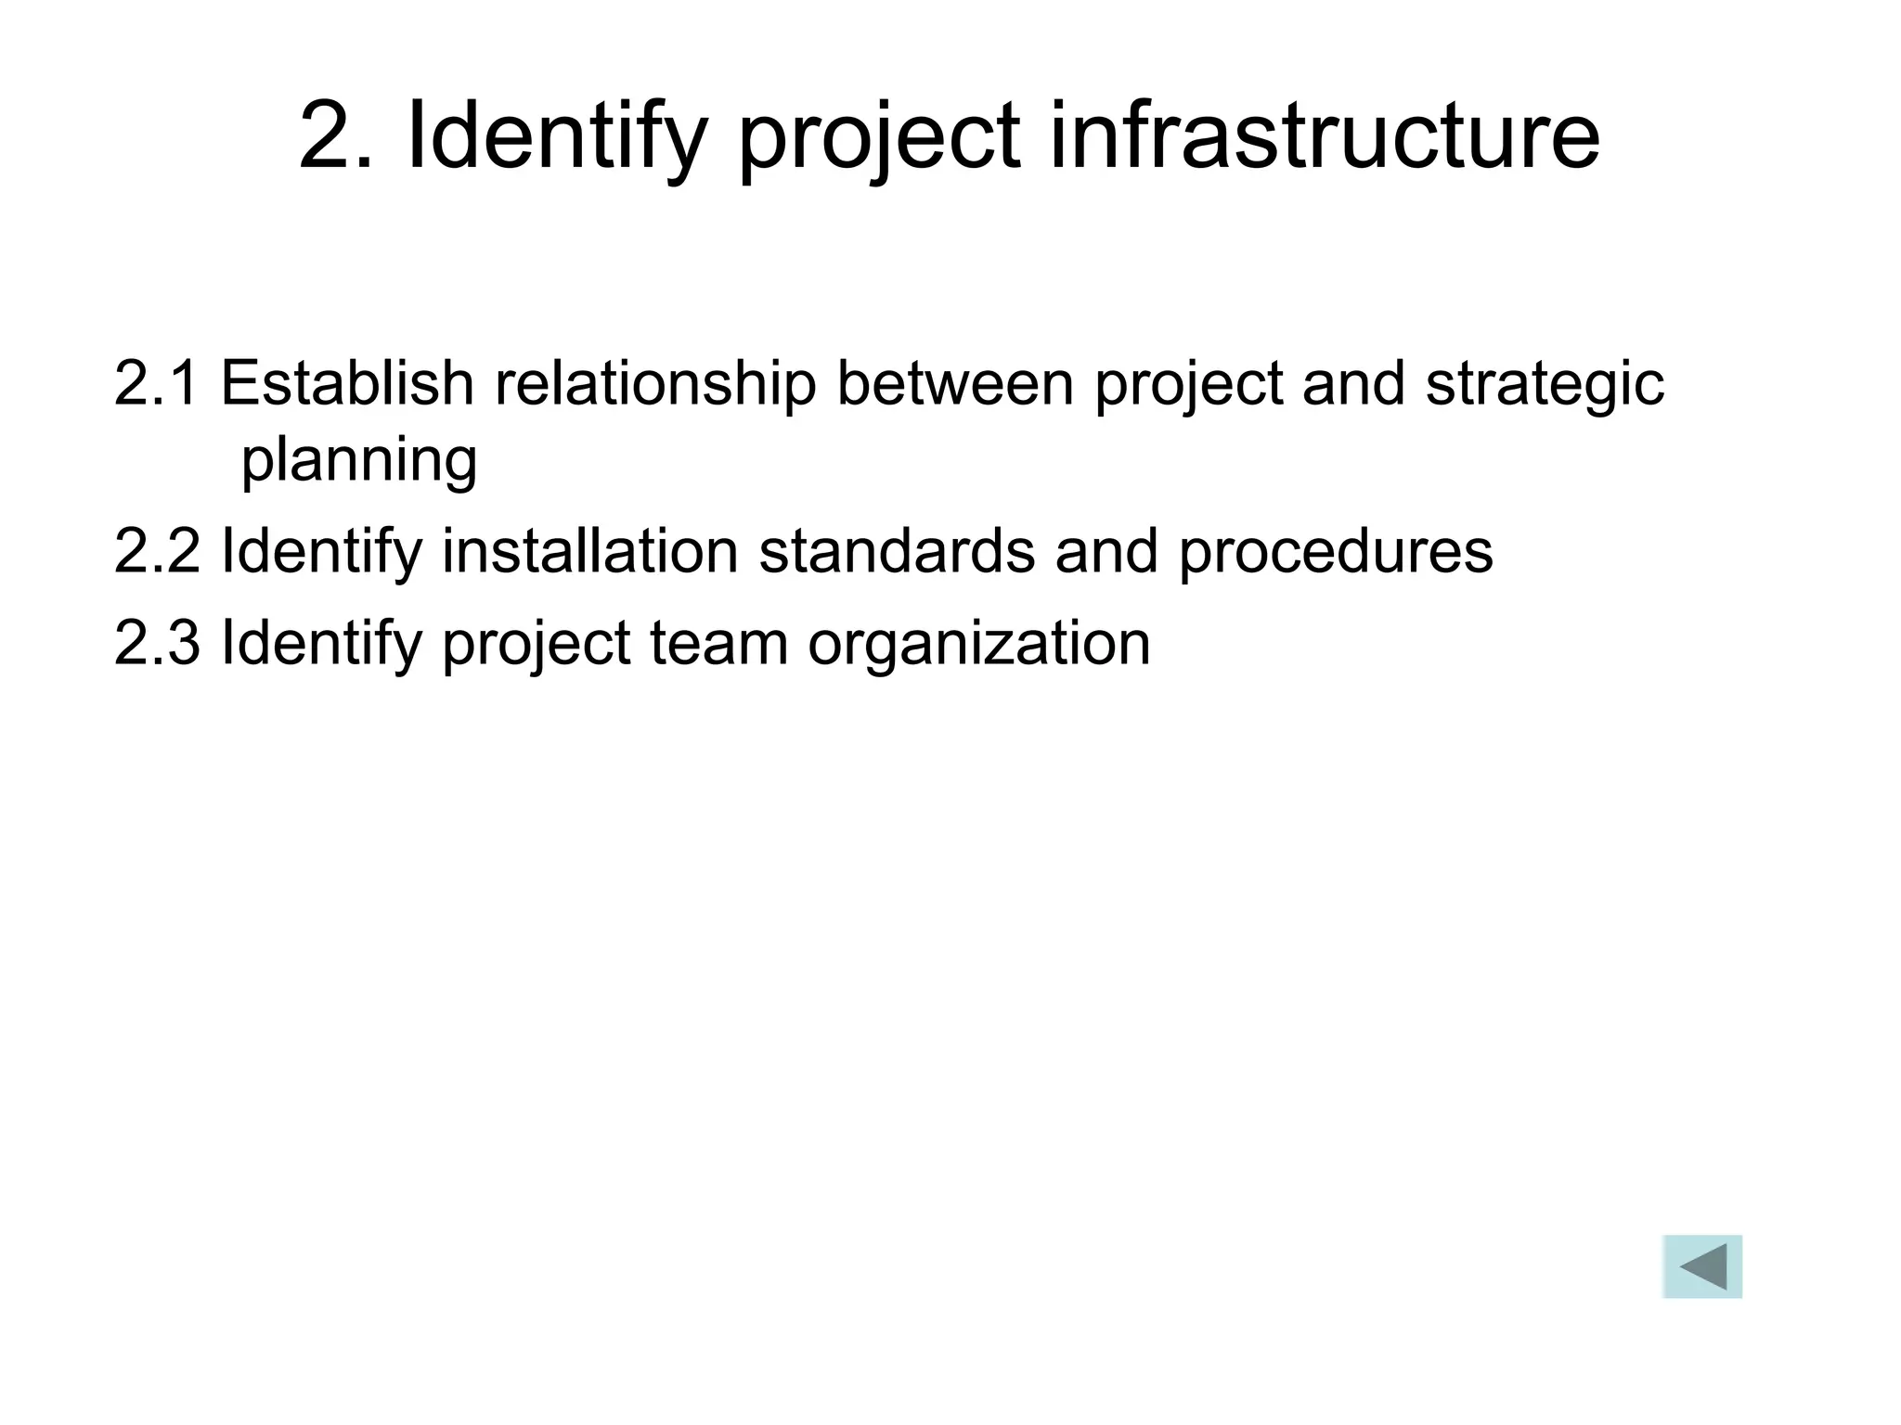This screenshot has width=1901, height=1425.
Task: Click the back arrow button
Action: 1701,1266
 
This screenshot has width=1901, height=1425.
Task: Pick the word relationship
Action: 654,384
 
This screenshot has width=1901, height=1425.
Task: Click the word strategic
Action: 1545,384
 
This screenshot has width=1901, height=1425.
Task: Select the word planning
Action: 359,460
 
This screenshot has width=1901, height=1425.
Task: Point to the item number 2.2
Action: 156,550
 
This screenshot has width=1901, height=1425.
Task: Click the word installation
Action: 589,550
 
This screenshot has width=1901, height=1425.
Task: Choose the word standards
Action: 896,550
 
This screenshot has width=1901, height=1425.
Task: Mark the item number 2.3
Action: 156,642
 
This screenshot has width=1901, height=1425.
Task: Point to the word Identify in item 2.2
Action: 321,552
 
